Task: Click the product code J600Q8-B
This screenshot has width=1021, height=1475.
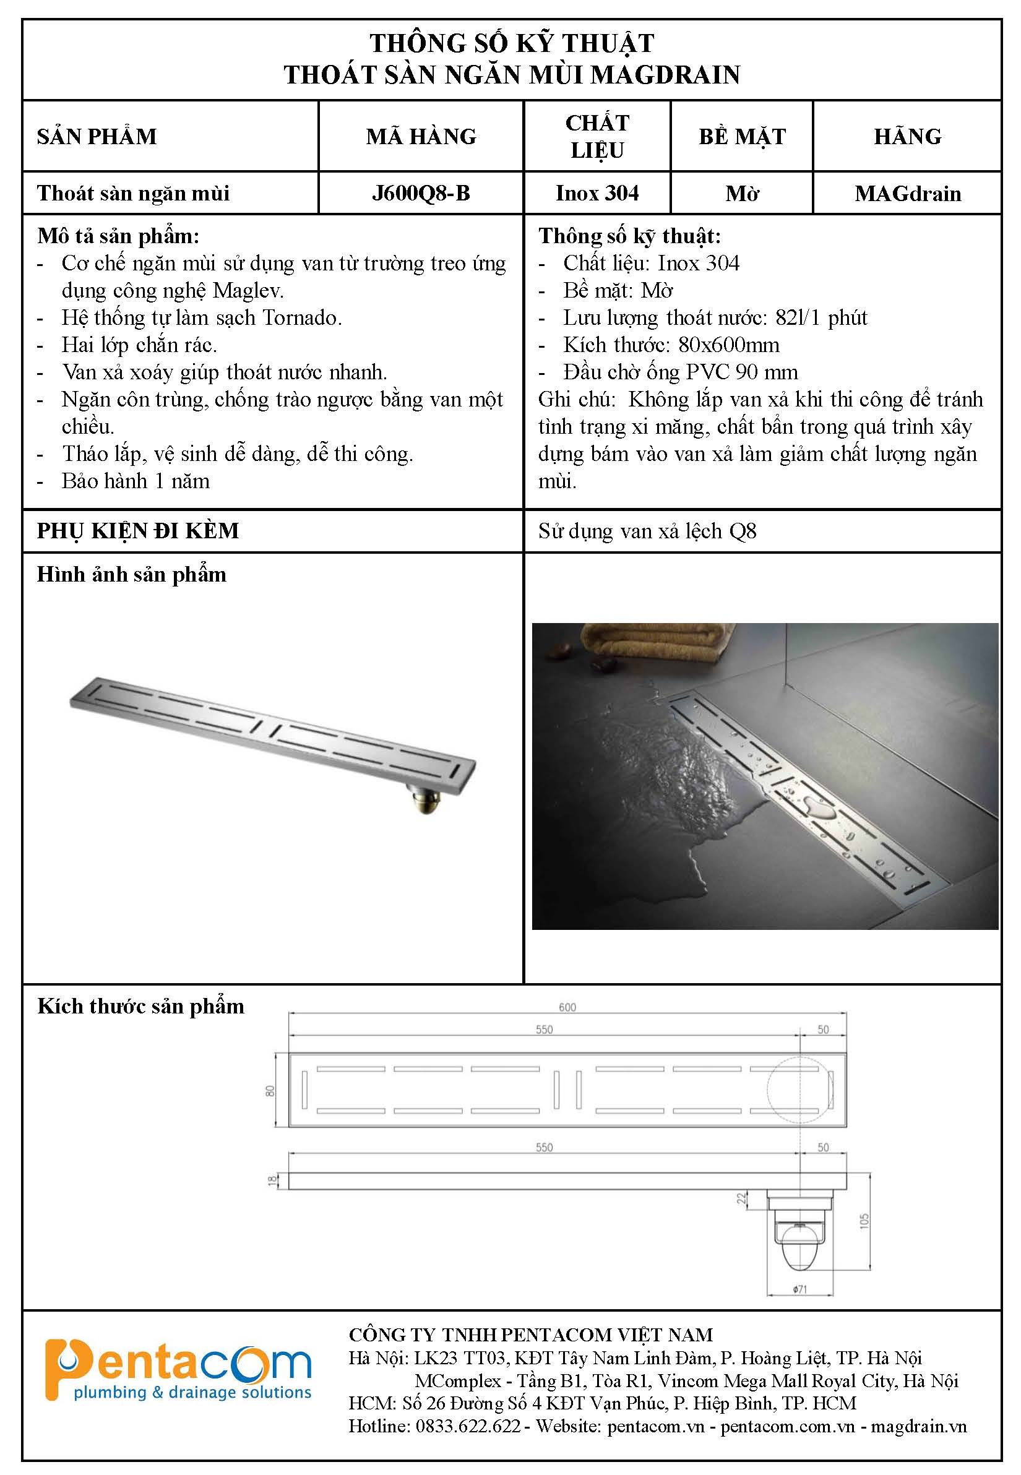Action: (420, 193)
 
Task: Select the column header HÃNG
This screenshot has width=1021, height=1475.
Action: (907, 136)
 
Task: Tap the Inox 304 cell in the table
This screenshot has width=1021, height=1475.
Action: (597, 193)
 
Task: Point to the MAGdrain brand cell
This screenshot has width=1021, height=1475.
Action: (907, 194)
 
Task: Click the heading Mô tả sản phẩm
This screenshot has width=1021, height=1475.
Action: (118, 236)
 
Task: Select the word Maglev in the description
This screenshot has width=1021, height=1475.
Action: (248, 291)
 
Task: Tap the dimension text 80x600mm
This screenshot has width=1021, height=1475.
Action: (729, 345)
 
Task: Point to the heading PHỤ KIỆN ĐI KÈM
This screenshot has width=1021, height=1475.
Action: (137, 531)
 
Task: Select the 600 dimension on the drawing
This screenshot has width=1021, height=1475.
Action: (567, 1007)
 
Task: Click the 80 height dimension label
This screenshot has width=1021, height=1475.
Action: (270, 1091)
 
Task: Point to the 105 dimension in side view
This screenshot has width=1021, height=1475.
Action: (865, 1221)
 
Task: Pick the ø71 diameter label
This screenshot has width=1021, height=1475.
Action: (799, 1289)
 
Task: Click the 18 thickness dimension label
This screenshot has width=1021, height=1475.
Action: (272, 1180)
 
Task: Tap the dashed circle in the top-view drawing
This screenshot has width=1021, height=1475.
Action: (799, 1090)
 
